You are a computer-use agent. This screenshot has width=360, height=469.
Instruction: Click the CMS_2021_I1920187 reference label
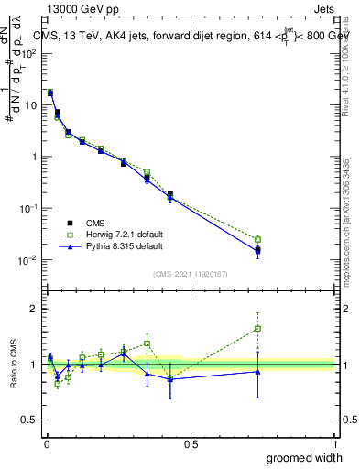coord(191,273)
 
